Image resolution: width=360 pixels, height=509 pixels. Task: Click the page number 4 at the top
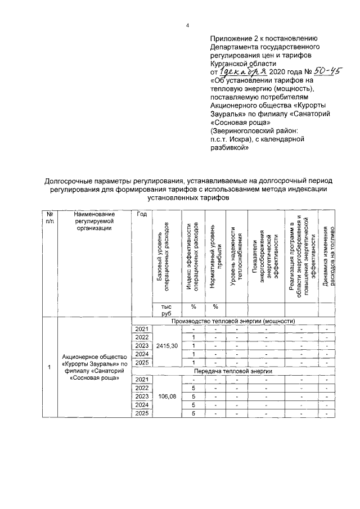pos(188,25)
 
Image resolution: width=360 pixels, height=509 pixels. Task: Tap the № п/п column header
pos(50,217)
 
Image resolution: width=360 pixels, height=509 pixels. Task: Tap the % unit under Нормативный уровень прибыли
pos(214,307)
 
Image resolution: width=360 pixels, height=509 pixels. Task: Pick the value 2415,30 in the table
pos(166,345)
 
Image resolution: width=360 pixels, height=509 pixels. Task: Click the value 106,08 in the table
pos(166,397)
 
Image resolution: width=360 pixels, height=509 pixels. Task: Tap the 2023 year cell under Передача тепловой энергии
pos(142,397)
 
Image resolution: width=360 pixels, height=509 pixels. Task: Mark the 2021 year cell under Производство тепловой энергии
pos(142,328)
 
